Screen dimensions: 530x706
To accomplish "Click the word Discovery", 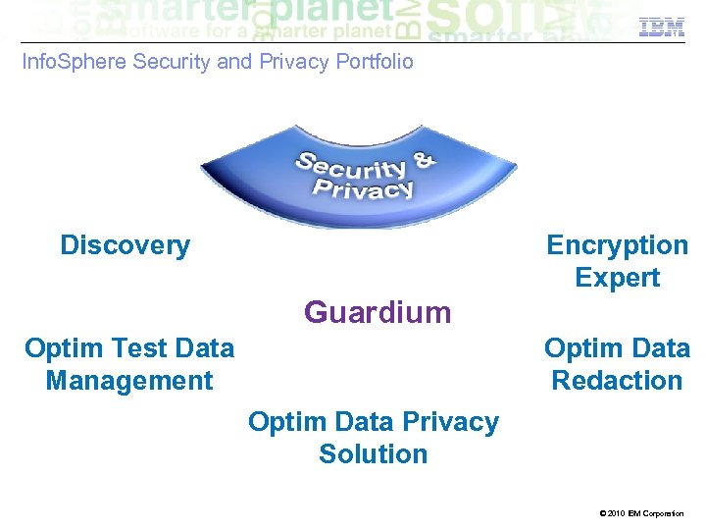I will pyautogui.click(x=125, y=245).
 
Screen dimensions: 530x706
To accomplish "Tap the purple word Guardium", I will pyautogui.click(x=378, y=312).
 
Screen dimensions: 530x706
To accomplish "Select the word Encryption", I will pyautogui.click(x=617, y=245).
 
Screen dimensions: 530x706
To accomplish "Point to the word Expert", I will pyautogui.click(x=617, y=278).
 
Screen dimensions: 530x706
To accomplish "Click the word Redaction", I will pyautogui.click(x=617, y=381).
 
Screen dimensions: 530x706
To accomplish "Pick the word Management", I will pyautogui.click(x=128, y=381).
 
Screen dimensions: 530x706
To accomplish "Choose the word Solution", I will pyautogui.click(x=373, y=454).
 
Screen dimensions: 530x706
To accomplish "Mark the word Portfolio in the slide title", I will pyautogui.click(x=375, y=62).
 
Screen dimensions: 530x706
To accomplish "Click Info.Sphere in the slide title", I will pyautogui.click(x=75, y=62).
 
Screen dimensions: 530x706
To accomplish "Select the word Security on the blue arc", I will pyautogui.click(x=353, y=169).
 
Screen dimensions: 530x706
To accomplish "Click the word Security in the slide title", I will pyautogui.click(x=170, y=62).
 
